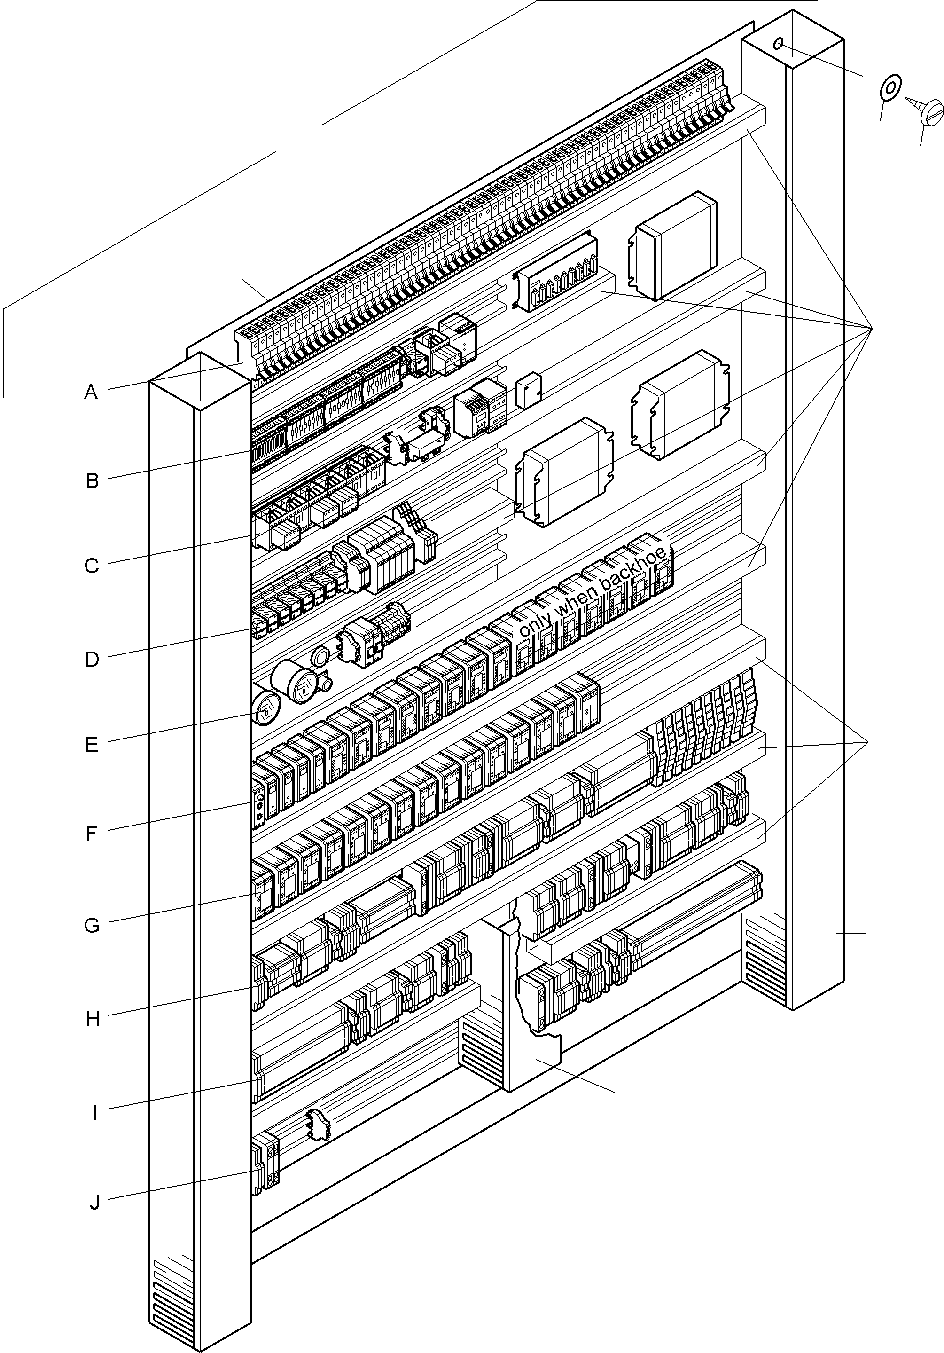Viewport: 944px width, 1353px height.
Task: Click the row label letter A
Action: coord(91,393)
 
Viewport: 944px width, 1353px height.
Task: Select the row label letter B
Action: coord(92,481)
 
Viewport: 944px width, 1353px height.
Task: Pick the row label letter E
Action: coord(91,745)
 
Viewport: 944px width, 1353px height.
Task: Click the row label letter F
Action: coord(91,834)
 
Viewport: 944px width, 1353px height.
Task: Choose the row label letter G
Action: coord(92,926)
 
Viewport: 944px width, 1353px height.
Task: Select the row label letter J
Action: coord(94,1203)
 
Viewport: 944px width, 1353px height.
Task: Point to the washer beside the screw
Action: coord(890,88)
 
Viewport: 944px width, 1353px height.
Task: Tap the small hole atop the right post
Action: coord(779,43)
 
